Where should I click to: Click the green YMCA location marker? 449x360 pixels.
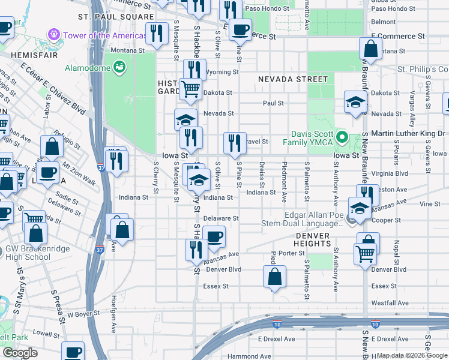pos(342,138)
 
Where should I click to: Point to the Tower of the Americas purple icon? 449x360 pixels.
pos(55,35)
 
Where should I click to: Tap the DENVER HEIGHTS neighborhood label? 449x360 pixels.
pos(312,240)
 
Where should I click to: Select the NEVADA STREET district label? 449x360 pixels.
pos(293,79)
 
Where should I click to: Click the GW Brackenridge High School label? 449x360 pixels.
pos(28,253)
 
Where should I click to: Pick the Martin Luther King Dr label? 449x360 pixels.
pos(408,133)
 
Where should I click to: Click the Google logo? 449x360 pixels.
pos(20,353)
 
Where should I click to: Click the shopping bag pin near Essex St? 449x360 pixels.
pos(274,277)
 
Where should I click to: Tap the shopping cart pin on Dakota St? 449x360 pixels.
pos(190,89)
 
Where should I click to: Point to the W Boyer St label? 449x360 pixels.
pos(83,314)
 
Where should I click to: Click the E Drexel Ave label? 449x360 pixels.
pos(276,339)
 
